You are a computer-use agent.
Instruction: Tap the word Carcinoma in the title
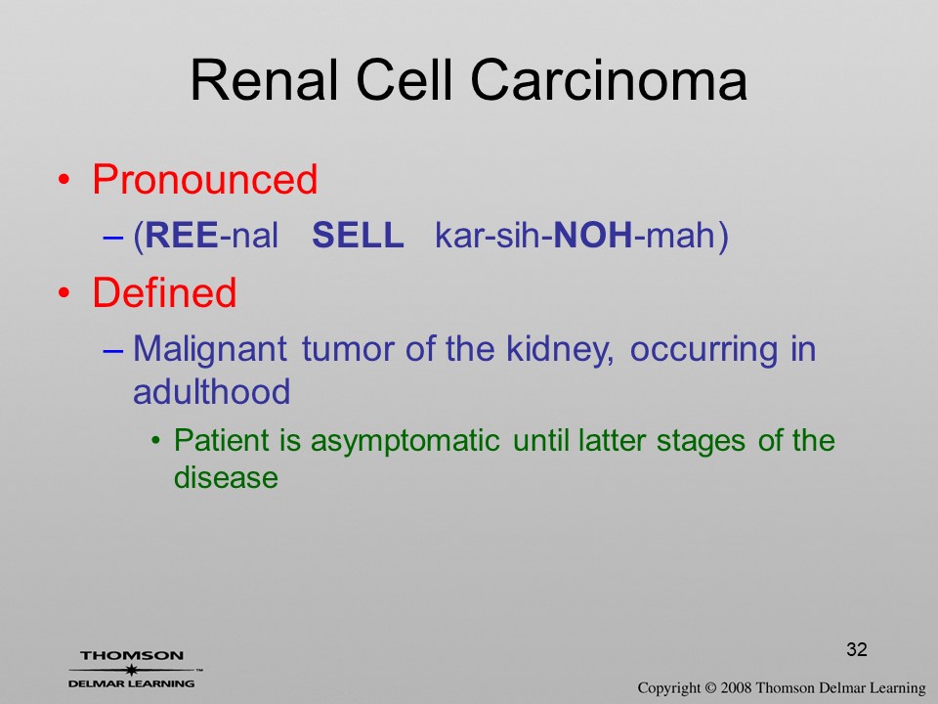[x=609, y=80]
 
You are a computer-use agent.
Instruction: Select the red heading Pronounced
[x=204, y=179]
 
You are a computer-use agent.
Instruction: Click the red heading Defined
[x=164, y=292]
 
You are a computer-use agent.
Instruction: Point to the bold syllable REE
[x=182, y=235]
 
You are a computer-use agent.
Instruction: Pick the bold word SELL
[x=358, y=235]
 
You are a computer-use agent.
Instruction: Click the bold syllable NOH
[x=593, y=235]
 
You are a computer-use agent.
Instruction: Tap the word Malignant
[x=210, y=350]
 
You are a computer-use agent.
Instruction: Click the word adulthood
[x=212, y=391]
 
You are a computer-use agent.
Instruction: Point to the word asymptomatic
[x=405, y=442]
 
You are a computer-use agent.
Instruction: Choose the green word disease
[x=226, y=478]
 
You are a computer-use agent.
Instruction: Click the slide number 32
[x=857, y=649]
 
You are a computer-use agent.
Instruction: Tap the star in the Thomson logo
[x=132, y=669]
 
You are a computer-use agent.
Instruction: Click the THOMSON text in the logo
[x=132, y=655]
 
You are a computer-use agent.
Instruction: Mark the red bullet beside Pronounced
[x=64, y=180]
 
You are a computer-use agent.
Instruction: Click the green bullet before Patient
[x=156, y=442]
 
